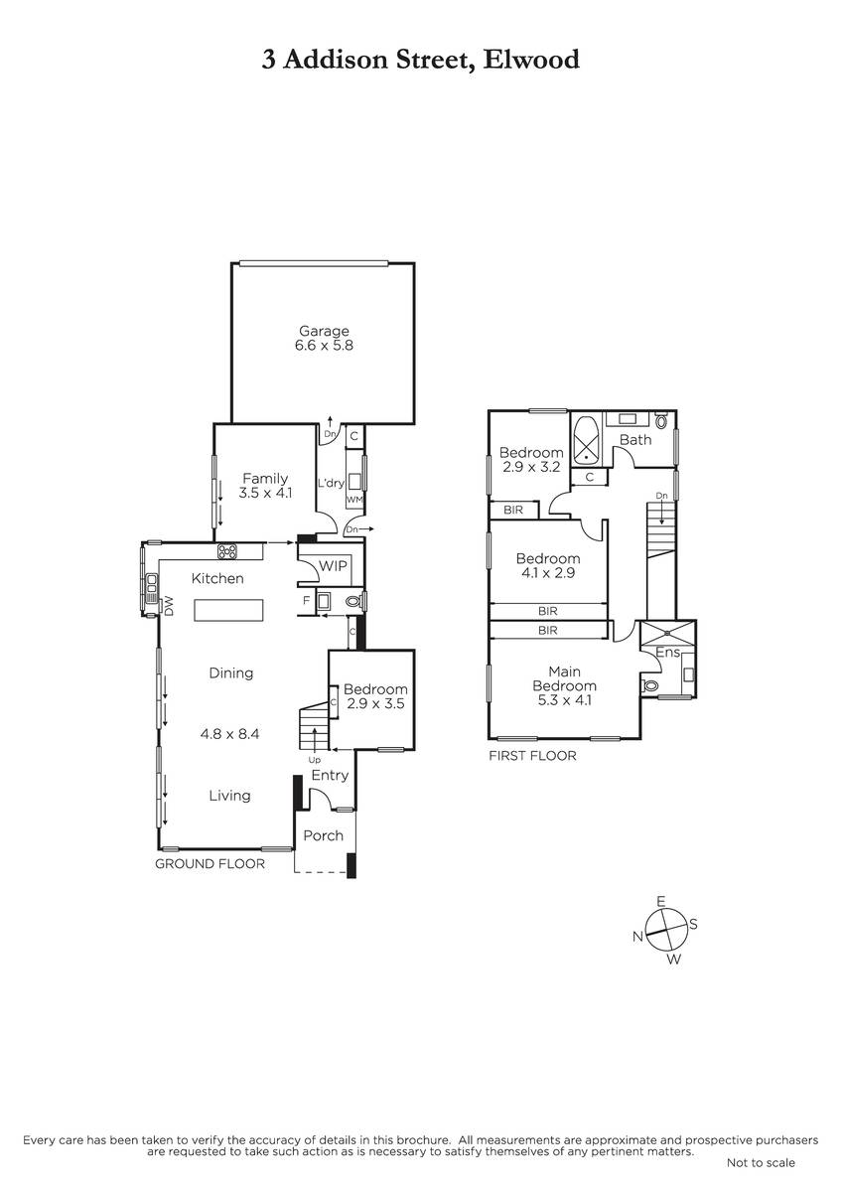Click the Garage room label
[324, 331]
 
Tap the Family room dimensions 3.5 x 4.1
[265, 493]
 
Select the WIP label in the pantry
[333, 565]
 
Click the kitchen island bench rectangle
[228, 610]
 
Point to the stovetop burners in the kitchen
[227, 551]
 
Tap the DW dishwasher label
[169, 606]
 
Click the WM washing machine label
[354, 500]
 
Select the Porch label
[323, 835]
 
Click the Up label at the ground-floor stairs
[315, 761]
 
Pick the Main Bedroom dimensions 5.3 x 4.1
[564, 700]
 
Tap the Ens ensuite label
[667, 652]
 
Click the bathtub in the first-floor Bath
[587, 439]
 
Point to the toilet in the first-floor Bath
[661, 420]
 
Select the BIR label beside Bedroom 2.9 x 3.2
[512, 510]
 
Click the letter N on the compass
[637, 937]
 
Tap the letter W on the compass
[674, 960]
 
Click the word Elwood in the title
[531, 59]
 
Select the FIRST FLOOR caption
[532, 756]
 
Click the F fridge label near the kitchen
[307, 601]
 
